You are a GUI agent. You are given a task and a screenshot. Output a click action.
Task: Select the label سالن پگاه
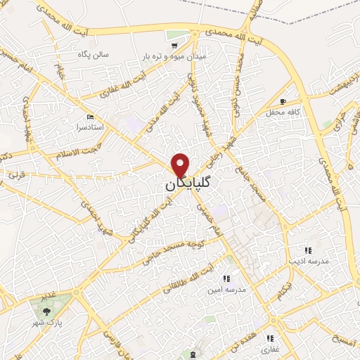click(x=94, y=53)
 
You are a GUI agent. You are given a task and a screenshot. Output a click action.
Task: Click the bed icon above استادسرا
click(x=90, y=116)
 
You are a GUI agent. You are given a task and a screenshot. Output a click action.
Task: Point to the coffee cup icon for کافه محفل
click(x=283, y=101)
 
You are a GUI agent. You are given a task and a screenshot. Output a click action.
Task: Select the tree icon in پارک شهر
click(x=46, y=309)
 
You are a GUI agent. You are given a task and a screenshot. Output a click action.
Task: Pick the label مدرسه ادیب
click(x=308, y=261)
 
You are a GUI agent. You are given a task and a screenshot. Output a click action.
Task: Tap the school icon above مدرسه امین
click(x=226, y=278)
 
